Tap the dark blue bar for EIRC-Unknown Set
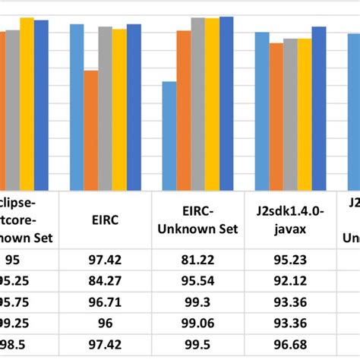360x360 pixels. tap(226, 103)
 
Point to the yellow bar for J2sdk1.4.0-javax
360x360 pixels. tap(305, 114)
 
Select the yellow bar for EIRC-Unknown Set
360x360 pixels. tap(212, 103)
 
